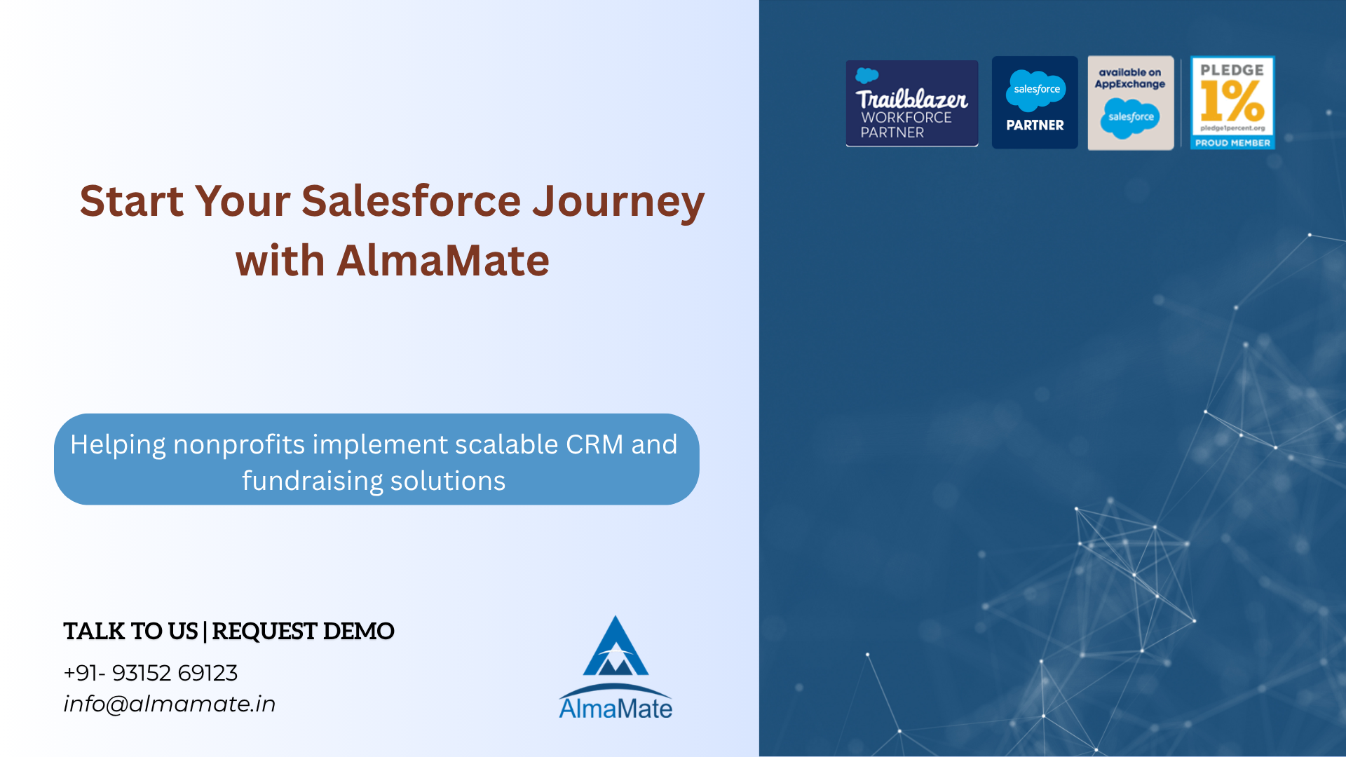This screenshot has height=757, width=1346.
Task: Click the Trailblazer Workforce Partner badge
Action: [912, 103]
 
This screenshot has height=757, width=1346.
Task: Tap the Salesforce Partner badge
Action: [1035, 102]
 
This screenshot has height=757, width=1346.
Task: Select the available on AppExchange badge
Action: [1131, 103]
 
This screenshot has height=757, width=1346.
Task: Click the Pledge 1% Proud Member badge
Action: [1232, 103]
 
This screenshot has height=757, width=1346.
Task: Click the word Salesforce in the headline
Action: [412, 201]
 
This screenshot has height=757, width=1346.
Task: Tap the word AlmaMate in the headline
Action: [443, 261]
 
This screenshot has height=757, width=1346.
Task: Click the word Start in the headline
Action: [132, 201]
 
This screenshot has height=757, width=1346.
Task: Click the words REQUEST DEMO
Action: [303, 631]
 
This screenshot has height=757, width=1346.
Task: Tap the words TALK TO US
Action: [130, 631]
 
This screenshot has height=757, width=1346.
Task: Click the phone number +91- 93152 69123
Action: [151, 673]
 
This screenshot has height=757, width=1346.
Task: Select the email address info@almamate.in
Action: [170, 704]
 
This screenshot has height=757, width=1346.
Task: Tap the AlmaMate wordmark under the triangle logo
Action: [616, 708]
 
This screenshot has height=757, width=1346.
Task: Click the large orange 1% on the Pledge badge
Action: [1232, 102]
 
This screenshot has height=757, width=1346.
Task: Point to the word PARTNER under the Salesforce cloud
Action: [1035, 125]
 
